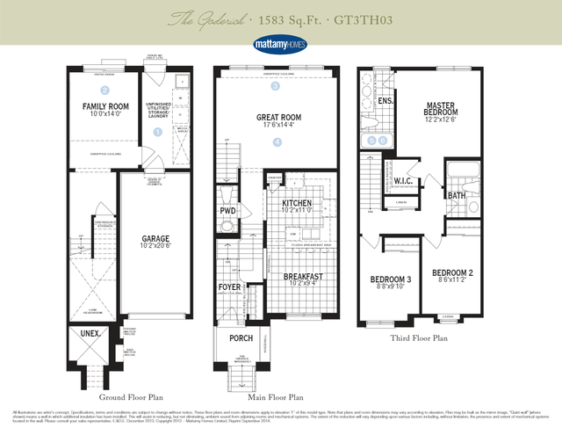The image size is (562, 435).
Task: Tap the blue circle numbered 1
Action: point(158,132)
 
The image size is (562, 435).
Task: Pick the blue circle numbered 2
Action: point(104,90)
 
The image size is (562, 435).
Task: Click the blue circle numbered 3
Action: point(275,87)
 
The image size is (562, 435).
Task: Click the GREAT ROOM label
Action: point(277,117)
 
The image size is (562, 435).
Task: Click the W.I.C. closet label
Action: point(404,181)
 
